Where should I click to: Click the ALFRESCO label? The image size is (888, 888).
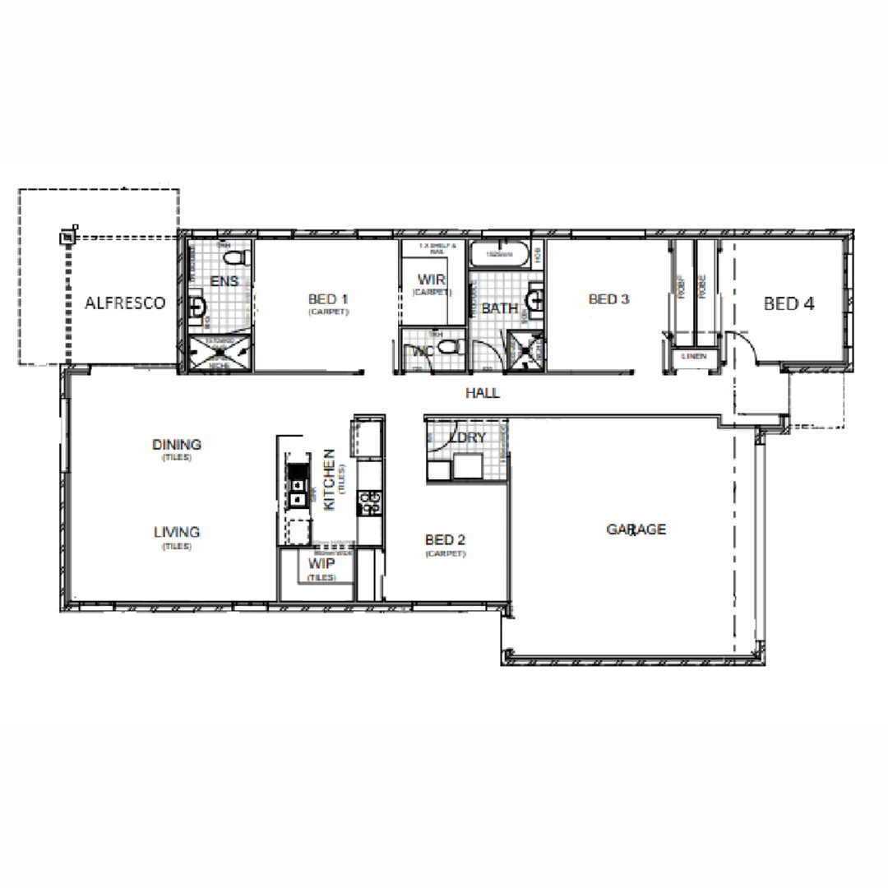pyautogui.click(x=125, y=303)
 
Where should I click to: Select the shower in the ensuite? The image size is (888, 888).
pyautogui.click(x=218, y=354)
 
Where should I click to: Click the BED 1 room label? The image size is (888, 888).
pyautogui.click(x=328, y=298)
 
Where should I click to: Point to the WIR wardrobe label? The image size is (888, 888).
pyautogui.click(x=431, y=280)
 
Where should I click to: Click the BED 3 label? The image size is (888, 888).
pyautogui.click(x=608, y=299)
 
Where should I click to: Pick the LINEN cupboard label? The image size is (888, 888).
pyautogui.click(x=693, y=356)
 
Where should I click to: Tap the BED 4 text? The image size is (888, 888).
pyautogui.click(x=789, y=303)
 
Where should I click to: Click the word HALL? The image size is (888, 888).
pyautogui.click(x=483, y=393)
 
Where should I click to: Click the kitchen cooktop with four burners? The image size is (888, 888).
pyautogui.click(x=370, y=502)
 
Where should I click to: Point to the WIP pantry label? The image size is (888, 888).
pyautogui.click(x=320, y=564)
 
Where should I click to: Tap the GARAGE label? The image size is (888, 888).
pyautogui.click(x=636, y=530)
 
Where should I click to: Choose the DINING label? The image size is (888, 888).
pyautogui.click(x=176, y=444)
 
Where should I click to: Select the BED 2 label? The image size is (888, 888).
pyautogui.click(x=445, y=539)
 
